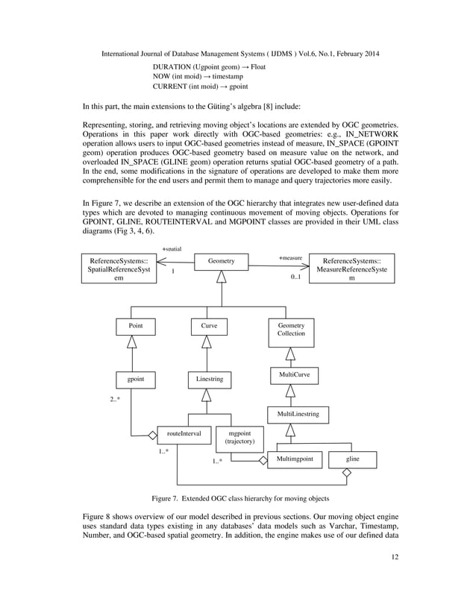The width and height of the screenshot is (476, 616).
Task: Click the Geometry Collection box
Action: pos(291,330)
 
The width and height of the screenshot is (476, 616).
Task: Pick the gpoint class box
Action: pos(135,380)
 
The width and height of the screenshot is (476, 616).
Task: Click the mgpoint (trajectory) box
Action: pos(239,437)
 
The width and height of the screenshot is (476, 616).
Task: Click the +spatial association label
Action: pos(172,248)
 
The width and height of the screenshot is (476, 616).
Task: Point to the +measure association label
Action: pos(290,257)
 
